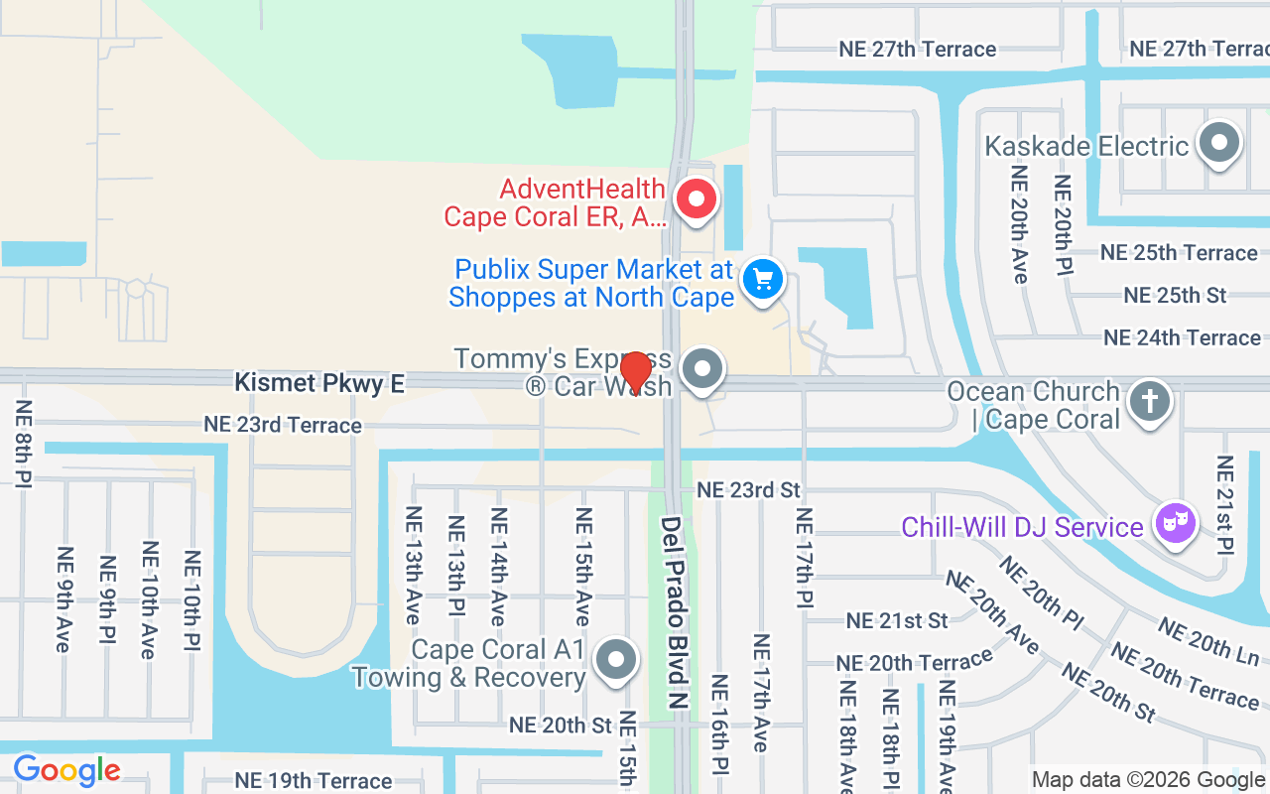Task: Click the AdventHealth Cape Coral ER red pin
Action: tap(697, 199)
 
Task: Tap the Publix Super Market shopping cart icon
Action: tap(762, 279)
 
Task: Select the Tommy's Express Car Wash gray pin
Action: tap(703, 370)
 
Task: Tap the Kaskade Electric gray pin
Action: tap(1219, 145)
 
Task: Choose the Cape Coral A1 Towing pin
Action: tap(617, 660)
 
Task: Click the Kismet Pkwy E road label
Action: tap(319, 383)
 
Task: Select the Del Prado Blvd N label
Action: tap(675, 611)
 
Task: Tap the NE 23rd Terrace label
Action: tap(283, 425)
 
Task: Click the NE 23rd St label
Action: tap(748, 490)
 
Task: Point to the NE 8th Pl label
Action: tap(23, 444)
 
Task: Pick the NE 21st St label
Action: tap(897, 621)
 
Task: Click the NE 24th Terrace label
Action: tap(1182, 338)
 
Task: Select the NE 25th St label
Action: tap(1175, 296)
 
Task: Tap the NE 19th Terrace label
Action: tap(314, 781)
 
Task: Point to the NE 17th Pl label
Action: tap(805, 558)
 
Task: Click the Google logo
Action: tap(66, 770)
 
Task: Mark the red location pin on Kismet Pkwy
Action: tap(635, 372)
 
